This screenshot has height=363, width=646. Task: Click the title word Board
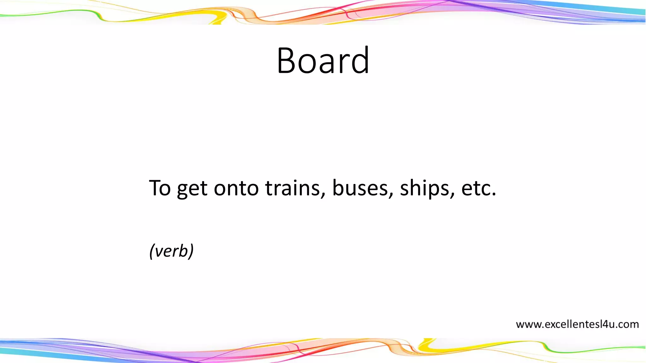pyautogui.click(x=323, y=60)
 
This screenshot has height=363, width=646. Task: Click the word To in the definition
pyautogui.click(x=160, y=188)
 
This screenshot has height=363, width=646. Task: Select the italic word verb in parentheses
pyautogui.click(x=171, y=251)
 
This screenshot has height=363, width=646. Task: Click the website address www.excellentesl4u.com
pyautogui.click(x=577, y=324)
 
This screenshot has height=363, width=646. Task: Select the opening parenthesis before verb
pyautogui.click(x=152, y=251)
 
